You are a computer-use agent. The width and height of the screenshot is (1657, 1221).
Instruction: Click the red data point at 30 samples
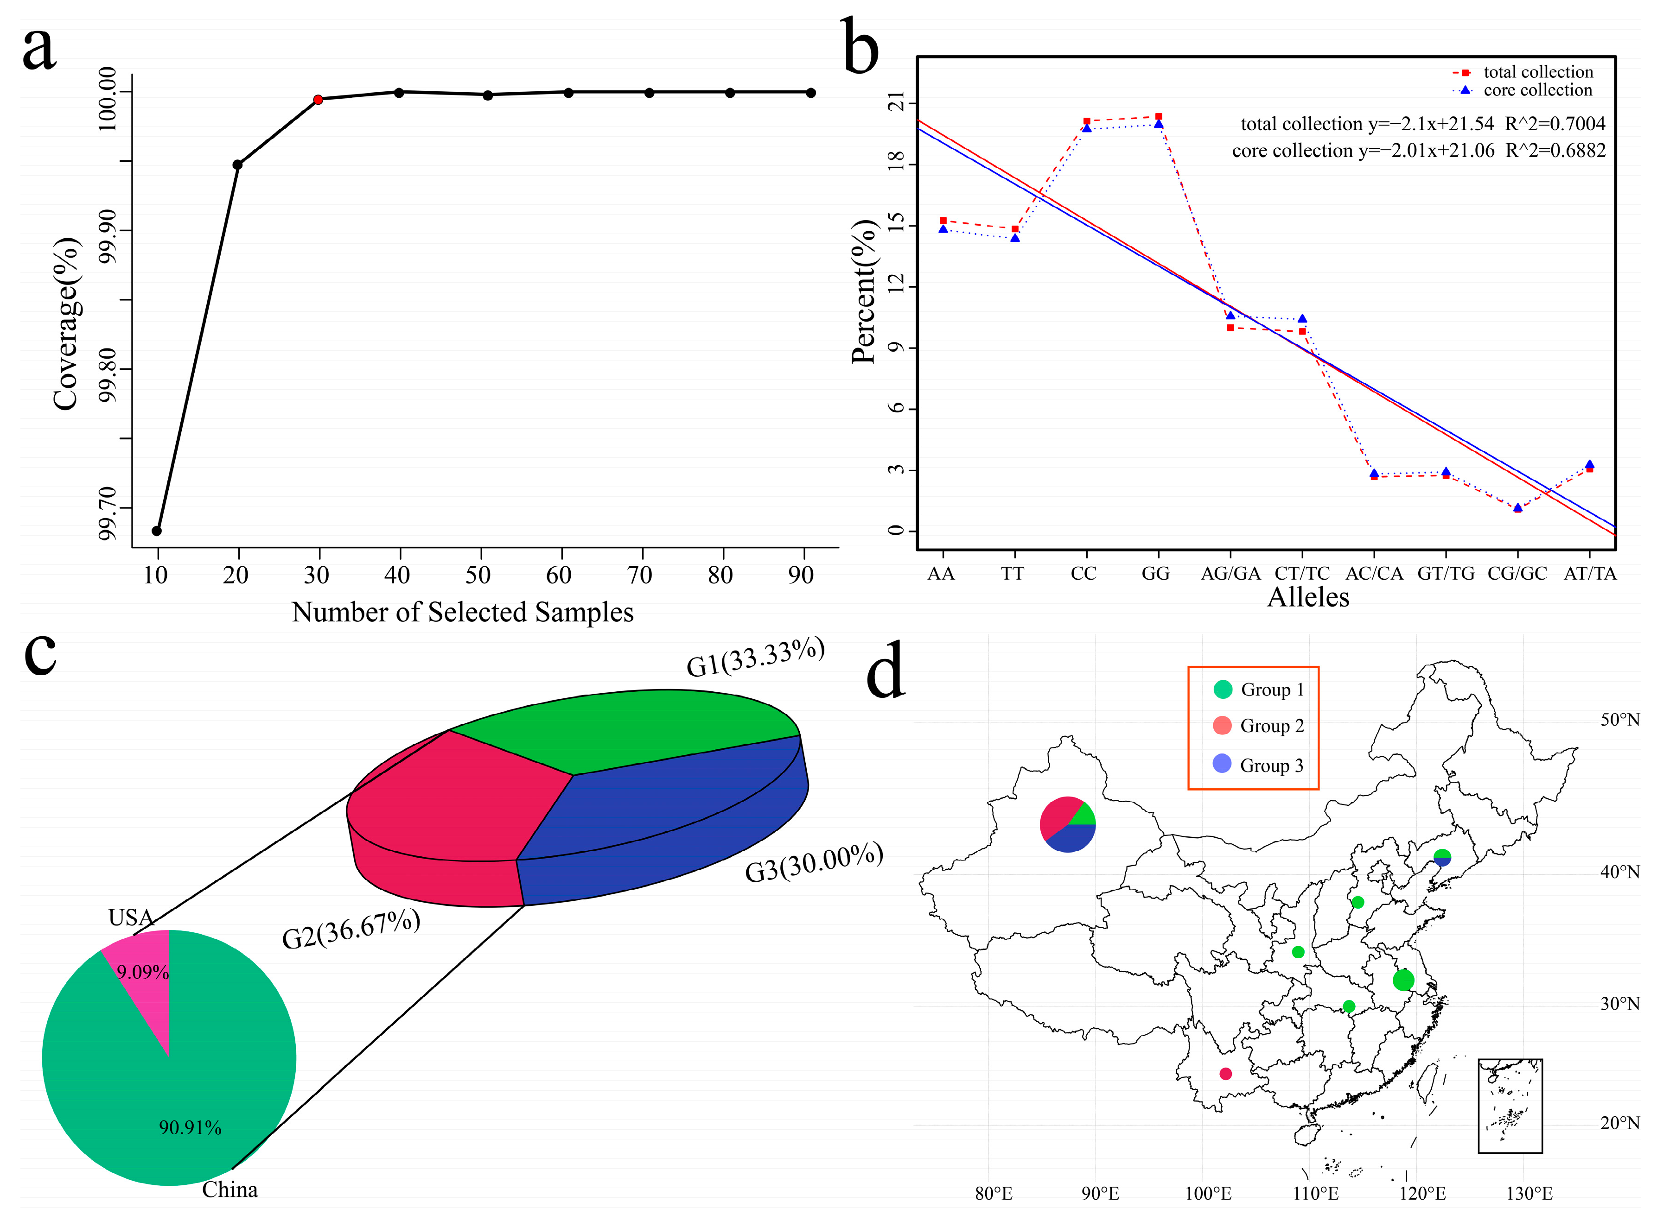318,99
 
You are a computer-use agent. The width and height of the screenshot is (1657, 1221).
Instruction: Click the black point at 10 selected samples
157,531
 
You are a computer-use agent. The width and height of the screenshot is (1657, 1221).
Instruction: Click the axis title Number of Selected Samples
462,612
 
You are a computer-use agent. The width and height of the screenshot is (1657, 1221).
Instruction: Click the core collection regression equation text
1418,151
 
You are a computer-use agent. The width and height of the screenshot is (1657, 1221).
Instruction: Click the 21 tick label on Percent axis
896,103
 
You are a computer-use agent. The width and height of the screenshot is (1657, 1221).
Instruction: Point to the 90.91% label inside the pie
190,1127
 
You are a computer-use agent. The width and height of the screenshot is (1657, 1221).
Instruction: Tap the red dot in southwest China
1225,1073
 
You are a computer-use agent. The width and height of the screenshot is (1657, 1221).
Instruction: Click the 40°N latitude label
1619,872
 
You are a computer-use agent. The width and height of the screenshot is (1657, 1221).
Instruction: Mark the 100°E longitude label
1207,1193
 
